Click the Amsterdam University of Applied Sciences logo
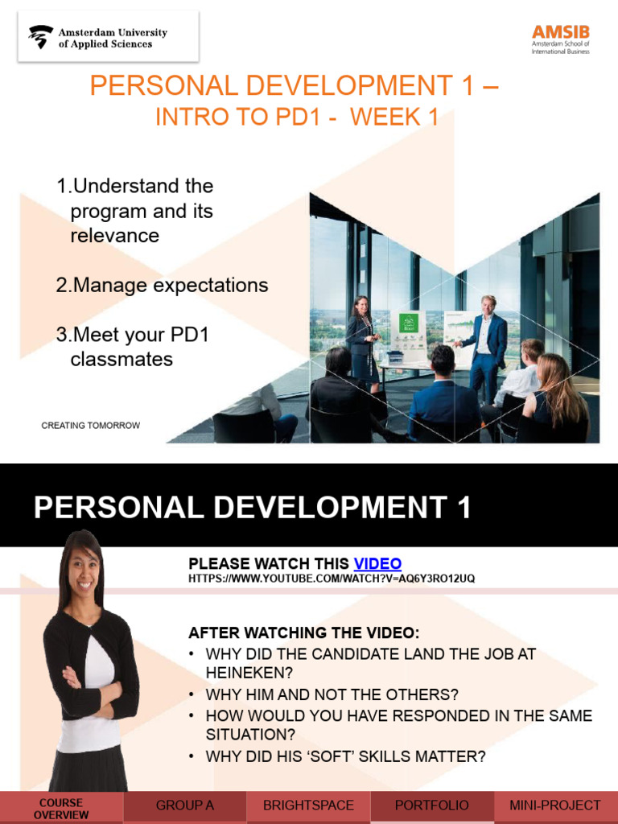97,38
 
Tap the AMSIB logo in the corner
560,39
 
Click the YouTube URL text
326,579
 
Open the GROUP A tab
184,805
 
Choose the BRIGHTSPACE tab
308,805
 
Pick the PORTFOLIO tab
431,805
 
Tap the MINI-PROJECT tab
555,805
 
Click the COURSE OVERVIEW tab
61,808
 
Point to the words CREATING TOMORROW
90,425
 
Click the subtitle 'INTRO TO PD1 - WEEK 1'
296,117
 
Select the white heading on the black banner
252,509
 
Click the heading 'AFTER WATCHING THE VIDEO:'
304,632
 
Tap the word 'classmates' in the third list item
122,359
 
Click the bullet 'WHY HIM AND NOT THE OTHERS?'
332,694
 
